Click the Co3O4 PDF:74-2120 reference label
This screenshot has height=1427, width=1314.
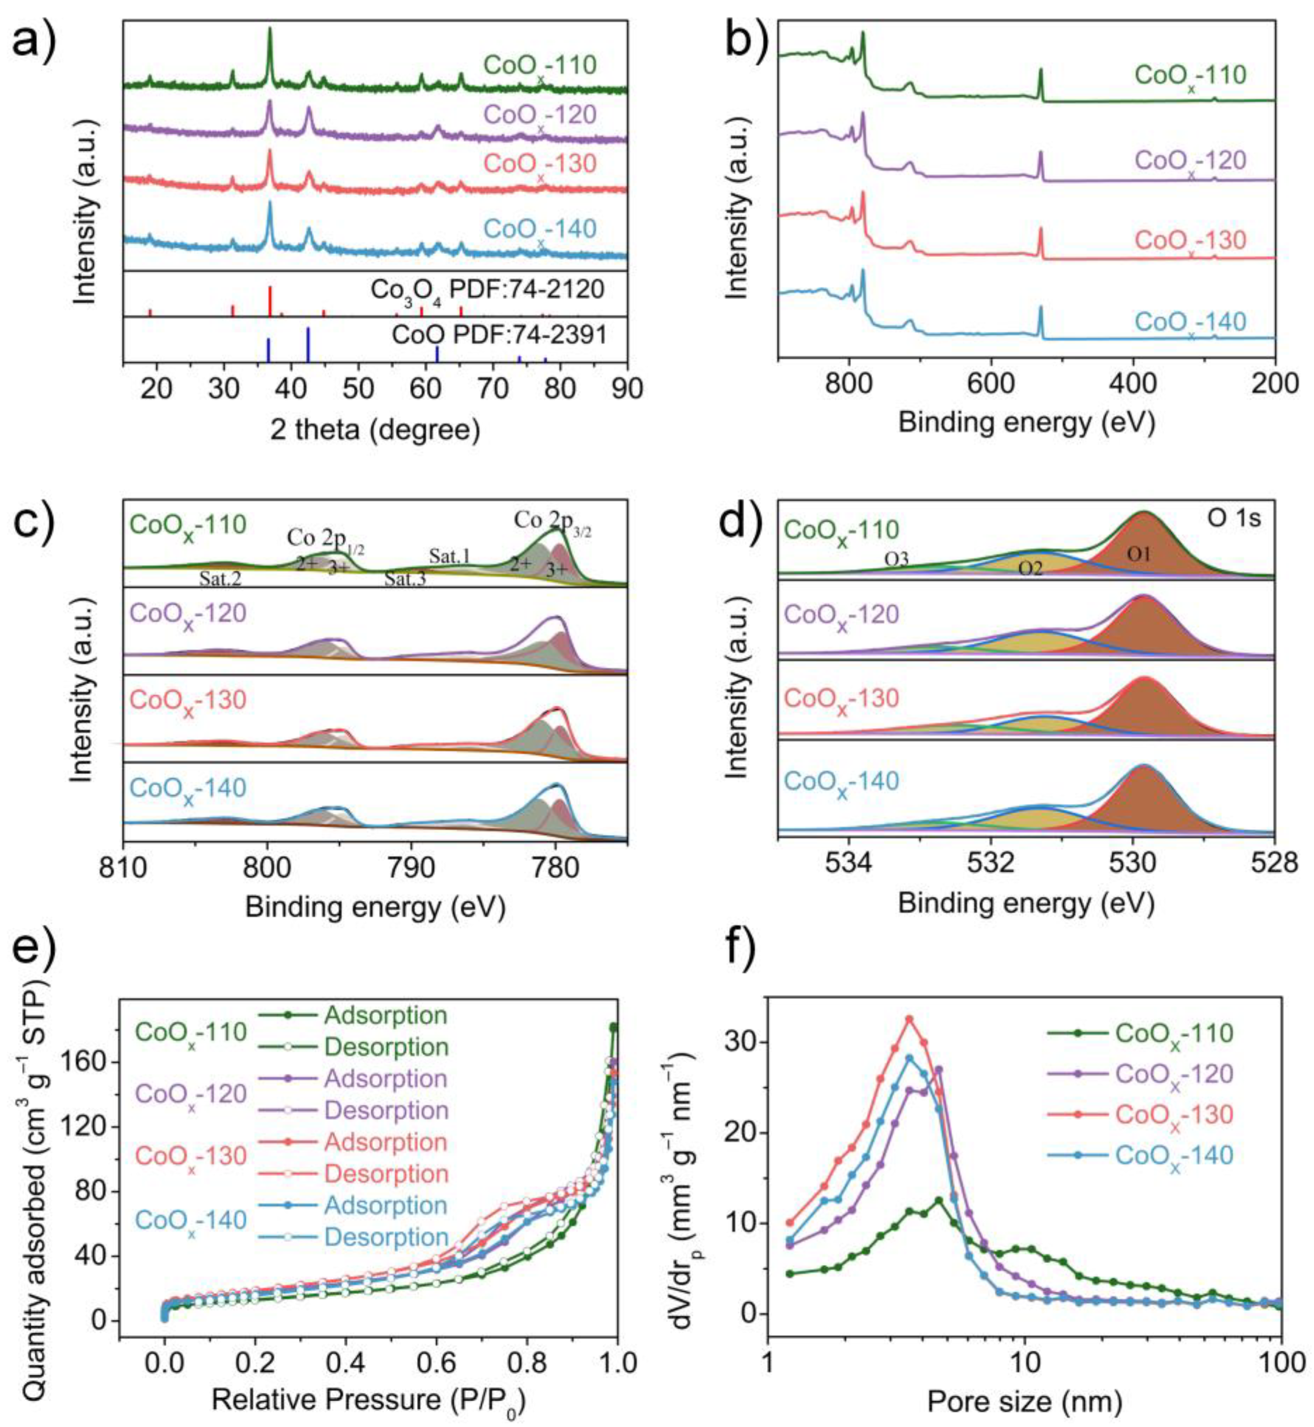pos(487,290)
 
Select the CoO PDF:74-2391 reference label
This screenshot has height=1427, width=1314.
pos(499,334)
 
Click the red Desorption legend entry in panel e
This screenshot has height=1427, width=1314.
pos(386,1173)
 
